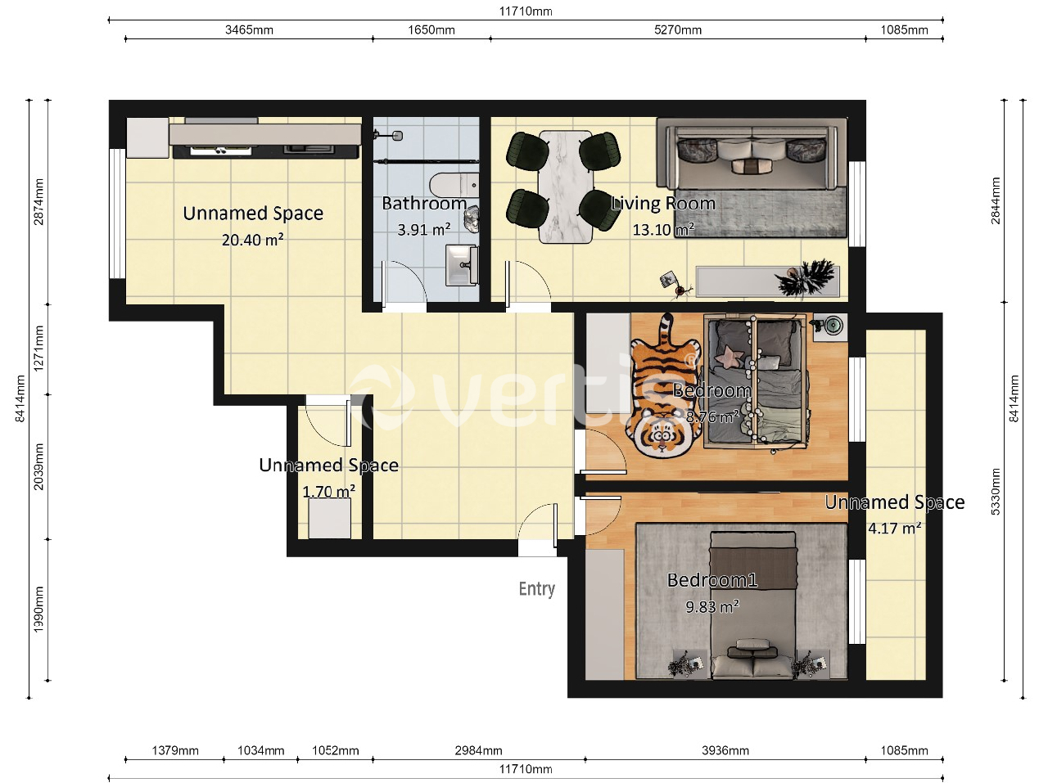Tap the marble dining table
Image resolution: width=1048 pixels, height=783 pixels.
point(566,187)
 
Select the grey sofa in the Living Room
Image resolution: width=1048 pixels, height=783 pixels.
point(752,153)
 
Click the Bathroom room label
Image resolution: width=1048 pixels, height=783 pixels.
point(424,204)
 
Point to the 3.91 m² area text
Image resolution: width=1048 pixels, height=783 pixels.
point(424,230)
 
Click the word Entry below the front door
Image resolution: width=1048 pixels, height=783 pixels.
point(536,589)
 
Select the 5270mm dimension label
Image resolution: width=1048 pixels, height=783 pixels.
point(677,30)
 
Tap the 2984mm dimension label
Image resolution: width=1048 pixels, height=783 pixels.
point(478,750)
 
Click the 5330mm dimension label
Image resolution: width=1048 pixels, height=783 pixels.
point(996,492)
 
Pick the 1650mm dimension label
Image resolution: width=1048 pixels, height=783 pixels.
point(431,30)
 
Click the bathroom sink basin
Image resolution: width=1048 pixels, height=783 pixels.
point(462,265)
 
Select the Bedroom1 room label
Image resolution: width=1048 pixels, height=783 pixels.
point(711,580)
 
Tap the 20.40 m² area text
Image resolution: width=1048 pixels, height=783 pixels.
point(252,240)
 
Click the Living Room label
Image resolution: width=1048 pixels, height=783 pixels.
point(664,204)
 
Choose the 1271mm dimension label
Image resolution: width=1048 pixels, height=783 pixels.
point(38,349)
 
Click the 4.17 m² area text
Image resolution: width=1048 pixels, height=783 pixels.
point(894,529)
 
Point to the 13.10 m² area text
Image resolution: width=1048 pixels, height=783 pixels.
point(664,230)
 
